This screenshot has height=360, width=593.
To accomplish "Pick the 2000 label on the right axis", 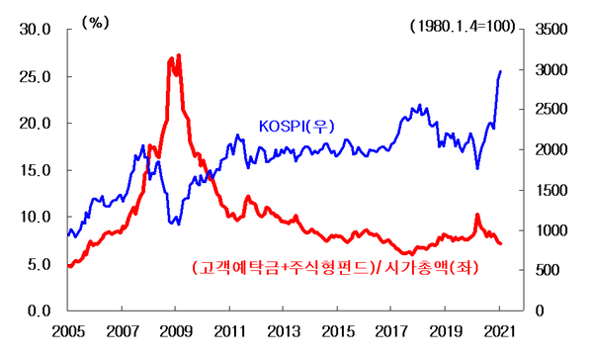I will click(x=551, y=150).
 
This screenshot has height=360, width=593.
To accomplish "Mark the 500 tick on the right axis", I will click(x=548, y=270).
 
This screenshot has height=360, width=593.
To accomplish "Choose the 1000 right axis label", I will click(x=551, y=230).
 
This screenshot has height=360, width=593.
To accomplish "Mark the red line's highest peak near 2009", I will click(x=179, y=55).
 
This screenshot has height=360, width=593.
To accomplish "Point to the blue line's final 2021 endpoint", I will click(x=501, y=71).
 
